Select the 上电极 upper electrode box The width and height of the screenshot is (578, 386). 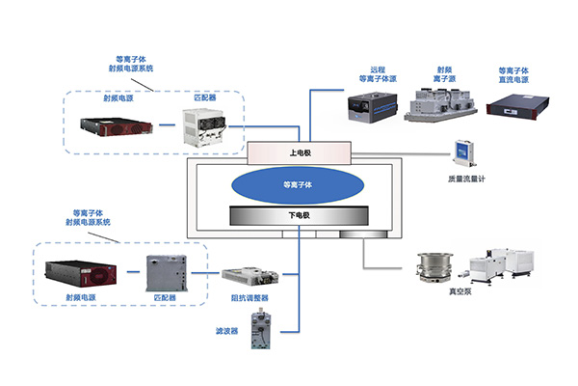click(299, 152)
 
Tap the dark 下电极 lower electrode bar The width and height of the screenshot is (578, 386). click(299, 214)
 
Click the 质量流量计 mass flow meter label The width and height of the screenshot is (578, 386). click(466, 178)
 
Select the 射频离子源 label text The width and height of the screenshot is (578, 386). click(442, 75)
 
